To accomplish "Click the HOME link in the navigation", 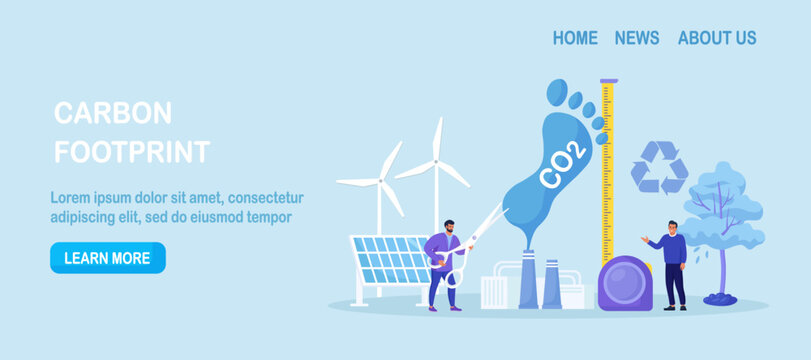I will click(575, 38).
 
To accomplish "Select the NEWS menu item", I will click(637, 38).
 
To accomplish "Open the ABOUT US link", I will click(717, 38).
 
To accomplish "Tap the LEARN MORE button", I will click(107, 258).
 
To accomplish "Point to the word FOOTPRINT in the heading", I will click(132, 152).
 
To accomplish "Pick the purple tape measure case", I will click(625, 283).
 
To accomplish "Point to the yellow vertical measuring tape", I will click(607, 170).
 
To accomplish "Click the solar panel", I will click(391, 259).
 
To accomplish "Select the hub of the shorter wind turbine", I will click(380, 182).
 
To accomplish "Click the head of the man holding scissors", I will click(449, 227).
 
